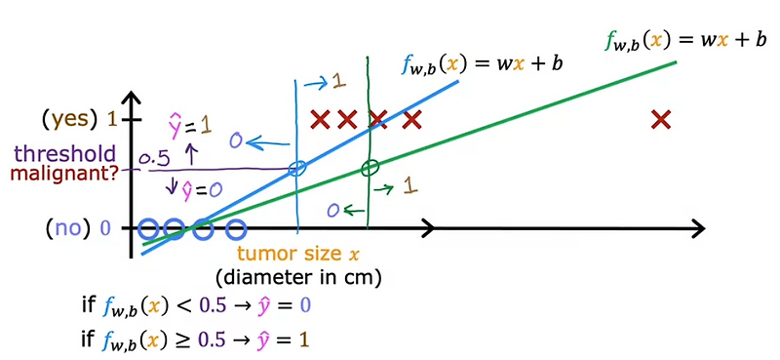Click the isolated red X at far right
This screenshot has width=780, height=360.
661,120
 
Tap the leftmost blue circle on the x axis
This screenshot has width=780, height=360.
147,230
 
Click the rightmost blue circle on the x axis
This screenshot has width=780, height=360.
235,230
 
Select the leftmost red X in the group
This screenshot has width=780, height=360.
319,120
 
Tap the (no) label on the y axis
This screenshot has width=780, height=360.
70,230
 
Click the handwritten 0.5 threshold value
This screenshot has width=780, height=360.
156,158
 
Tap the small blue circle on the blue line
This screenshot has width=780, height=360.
297,169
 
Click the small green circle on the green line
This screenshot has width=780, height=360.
369,169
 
